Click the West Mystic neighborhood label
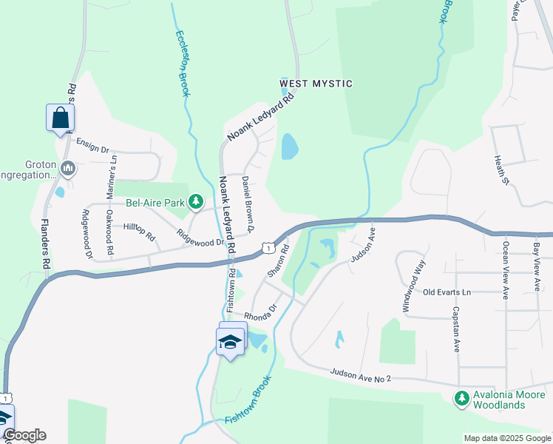point(316,84)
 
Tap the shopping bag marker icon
point(60,118)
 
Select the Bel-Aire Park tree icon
point(195,201)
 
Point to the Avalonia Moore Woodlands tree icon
point(462,398)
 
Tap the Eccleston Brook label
point(182,63)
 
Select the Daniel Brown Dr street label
point(249,203)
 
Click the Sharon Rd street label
point(276,263)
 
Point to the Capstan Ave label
point(457,329)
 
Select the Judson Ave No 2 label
point(360,376)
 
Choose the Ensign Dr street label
point(92,148)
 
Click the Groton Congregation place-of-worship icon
point(68,169)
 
